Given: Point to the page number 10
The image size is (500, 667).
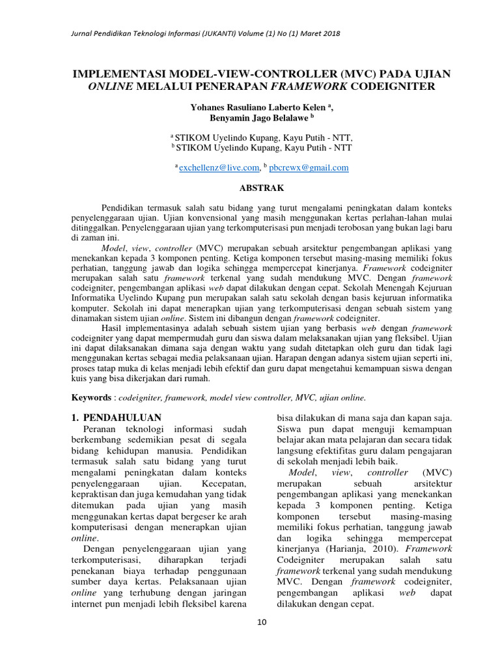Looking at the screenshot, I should tap(262, 622).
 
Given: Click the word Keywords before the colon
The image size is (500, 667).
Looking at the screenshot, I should tap(90, 397).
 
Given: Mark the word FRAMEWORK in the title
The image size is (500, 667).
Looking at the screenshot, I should tap(316, 86).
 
